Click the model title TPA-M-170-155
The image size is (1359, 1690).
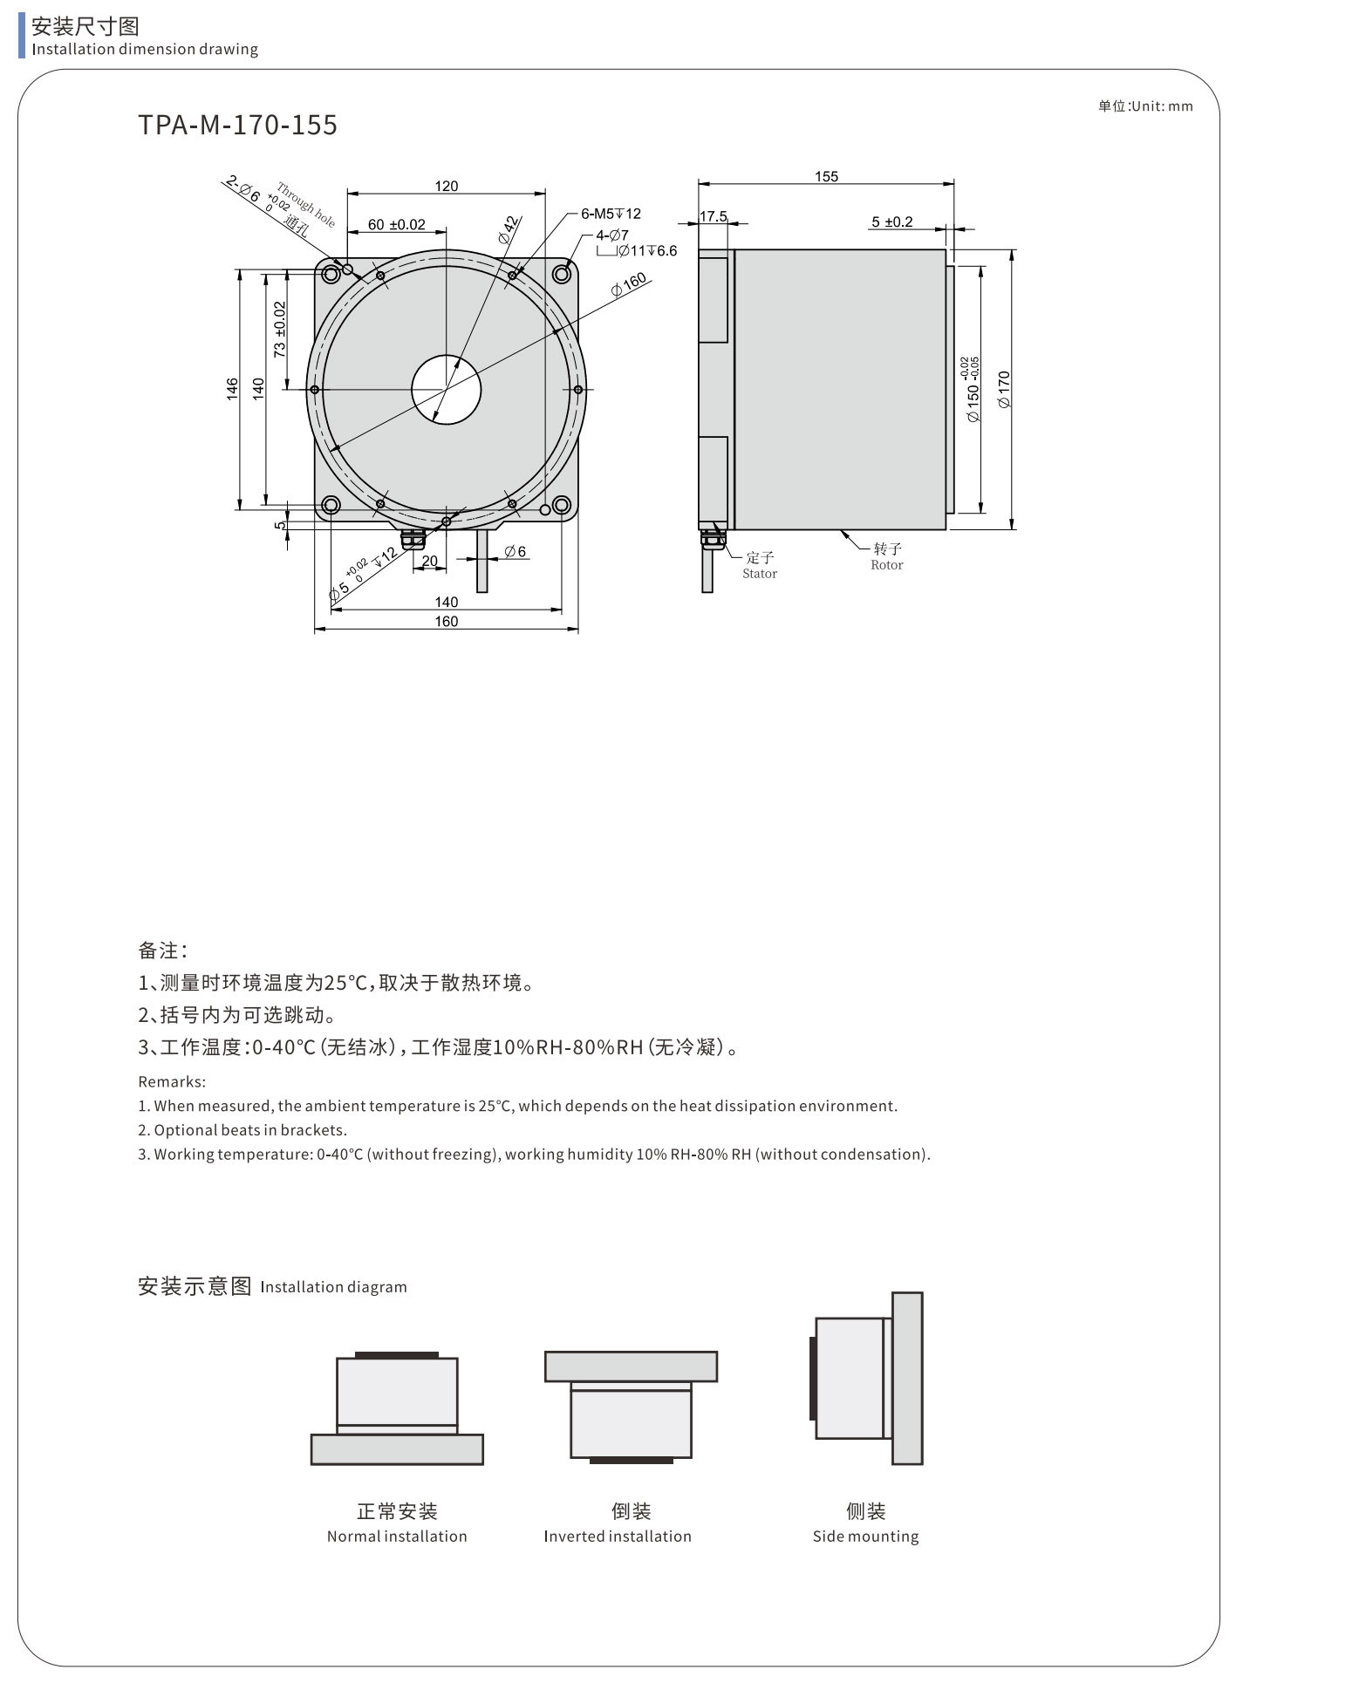click(x=237, y=126)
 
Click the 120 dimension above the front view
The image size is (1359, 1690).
click(x=447, y=186)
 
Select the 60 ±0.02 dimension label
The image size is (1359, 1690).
click(x=397, y=224)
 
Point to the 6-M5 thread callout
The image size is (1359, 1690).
click(x=611, y=214)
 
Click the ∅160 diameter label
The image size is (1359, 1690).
click(x=629, y=284)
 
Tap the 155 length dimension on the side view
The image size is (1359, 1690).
click(x=826, y=176)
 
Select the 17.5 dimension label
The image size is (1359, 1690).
click(x=713, y=216)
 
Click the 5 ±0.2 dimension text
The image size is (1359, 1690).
click(x=892, y=221)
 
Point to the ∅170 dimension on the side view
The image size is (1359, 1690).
click(x=1004, y=389)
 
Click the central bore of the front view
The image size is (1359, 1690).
click(x=447, y=390)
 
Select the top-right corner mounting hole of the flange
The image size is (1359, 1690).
click(x=562, y=275)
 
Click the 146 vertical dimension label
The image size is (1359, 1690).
click(x=232, y=389)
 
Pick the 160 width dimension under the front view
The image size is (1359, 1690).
click(x=447, y=622)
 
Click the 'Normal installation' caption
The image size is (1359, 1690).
click(x=397, y=1536)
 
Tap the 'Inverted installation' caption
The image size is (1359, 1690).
click(x=618, y=1536)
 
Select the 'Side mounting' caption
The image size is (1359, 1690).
click(x=865, y=1537)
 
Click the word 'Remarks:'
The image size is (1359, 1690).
click(x=172, y=1081)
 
